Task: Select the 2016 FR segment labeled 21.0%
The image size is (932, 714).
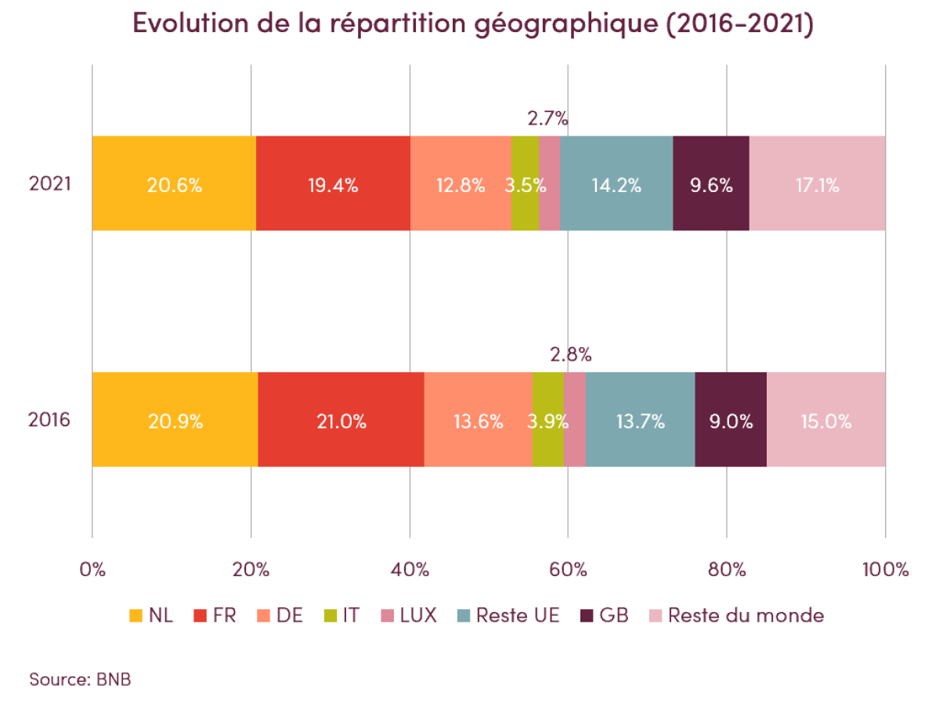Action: pyautogui.click(x=341, y=420)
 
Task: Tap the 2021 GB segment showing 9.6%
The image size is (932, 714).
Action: pyautogui.click(x=711, y=185)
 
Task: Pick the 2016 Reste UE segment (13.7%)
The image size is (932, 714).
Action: pyautogui.click(x=640, y=420)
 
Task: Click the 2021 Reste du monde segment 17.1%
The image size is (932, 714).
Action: pyautogui.click(x=817, y=185)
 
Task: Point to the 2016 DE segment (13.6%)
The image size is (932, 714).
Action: pyautogui.click(x=478, y=420)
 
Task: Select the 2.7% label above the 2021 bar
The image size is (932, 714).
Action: pyautogui.click(x=547, y=120)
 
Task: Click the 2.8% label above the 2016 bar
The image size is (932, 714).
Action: pyautogui.click(x=570, y=354)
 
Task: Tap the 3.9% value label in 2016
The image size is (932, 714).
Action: pyautogui.click(x=547, y=421)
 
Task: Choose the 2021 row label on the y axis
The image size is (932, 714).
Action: pyautogui.click(x=50, y=184)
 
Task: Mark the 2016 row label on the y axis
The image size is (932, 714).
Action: pyautogui.click(x=50, y=420)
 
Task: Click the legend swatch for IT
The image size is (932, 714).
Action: pyautogui.click(x=331, y=616)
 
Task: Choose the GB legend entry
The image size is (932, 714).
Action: pyautogui.click(x=604, y=615)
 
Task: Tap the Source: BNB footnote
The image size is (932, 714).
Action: pyautogui.click(x=80, y=679)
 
